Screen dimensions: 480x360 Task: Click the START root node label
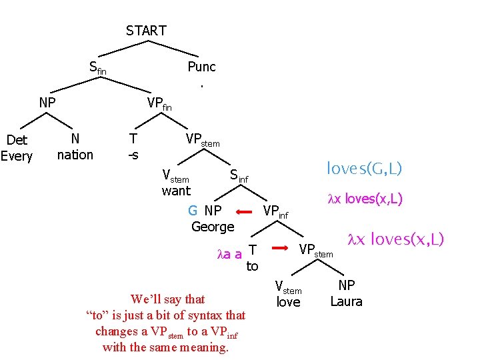pos(146,31)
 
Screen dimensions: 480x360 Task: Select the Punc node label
pos(201,67)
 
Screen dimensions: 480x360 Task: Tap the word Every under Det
pos(16,157)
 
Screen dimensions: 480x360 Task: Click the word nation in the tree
pos(75,155)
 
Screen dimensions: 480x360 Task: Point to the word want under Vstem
pos(176,191)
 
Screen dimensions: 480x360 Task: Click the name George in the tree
pos(213,227)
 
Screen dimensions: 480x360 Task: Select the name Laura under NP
pos(346,302)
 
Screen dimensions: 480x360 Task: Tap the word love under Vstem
pos(288,302)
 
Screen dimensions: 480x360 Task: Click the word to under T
pos(252,267)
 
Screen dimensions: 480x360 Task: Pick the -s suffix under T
pos(133,155)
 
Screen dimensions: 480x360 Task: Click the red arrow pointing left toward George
pos(244,211)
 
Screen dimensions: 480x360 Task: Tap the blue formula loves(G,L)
pos(364,169)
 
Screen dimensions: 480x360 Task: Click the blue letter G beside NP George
pos(193,211)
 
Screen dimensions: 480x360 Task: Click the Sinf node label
pos(238,176)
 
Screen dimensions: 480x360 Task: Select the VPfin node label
pos(159,103)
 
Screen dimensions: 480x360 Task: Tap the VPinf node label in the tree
pos(275,212)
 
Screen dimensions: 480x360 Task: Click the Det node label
pos(16,141)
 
